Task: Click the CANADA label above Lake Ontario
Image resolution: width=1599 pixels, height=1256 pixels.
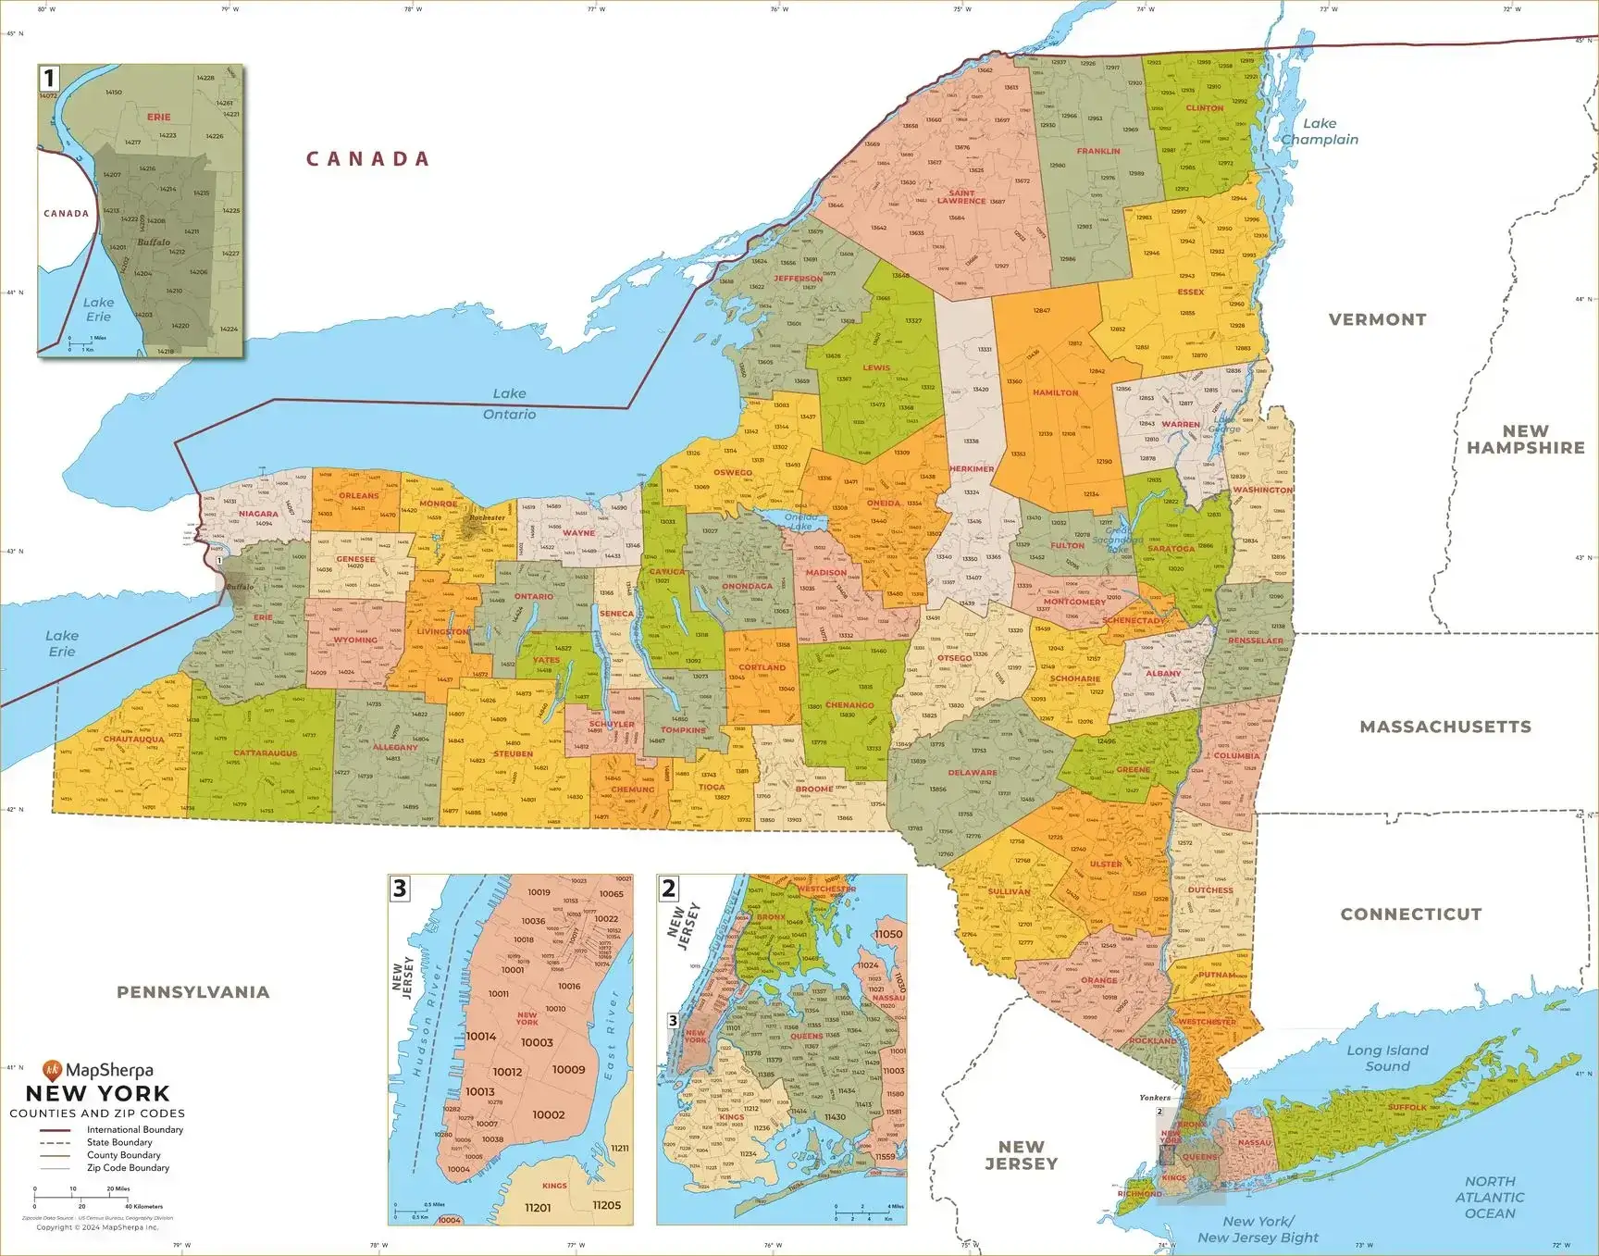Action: click(x=368, y=159)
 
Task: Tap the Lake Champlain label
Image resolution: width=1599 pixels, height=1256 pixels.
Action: click(x=1320, y=131)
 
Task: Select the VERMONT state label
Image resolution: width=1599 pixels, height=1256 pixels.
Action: click(x=1377, y=319)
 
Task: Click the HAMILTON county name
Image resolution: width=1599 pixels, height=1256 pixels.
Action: click(x=1055, y=392)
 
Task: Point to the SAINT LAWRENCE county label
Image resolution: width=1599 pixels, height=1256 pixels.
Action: click(x=961, y=197)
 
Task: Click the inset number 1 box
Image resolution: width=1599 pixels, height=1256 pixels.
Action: click(x=50, y=78)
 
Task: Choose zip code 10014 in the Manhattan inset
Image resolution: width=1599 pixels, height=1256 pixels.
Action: click(x=481, y=1037)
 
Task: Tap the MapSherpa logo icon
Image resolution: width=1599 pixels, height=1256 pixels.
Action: click(x=53, y=1071)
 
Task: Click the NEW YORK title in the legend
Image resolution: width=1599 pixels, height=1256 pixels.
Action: click(x=97, y=1093)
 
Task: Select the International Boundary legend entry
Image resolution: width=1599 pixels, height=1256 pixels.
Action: click(x=134, y=1129)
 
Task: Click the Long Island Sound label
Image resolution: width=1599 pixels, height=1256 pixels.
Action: click(x=1387, y=1058)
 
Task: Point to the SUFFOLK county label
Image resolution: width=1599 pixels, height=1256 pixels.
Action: click(x=1407, y=1107)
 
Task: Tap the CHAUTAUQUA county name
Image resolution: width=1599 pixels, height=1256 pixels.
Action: click(x=134, y=740)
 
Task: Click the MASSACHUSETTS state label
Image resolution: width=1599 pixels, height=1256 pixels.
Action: click(x=1445, y=727)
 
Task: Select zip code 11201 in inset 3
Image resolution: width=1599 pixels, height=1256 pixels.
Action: click(x=538, y=1208)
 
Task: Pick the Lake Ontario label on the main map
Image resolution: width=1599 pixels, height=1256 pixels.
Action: click(x=509, y=404)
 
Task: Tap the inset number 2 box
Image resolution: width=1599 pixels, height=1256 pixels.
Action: click(x=669, y=889)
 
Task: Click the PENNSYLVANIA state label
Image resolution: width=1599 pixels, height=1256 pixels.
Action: click(x=193, y=992)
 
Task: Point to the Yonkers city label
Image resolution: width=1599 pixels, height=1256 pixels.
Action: click(x=1154, y=1098)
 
